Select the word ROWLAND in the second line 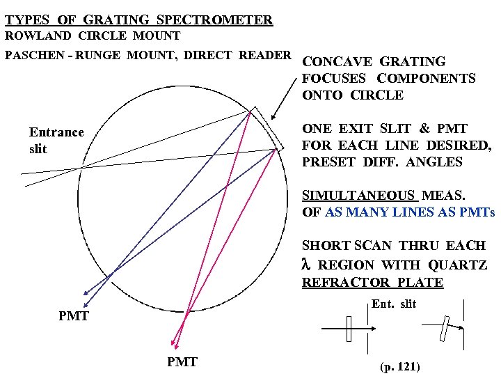[35, 36]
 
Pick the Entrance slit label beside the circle [56, 140]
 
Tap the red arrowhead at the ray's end [174, 343]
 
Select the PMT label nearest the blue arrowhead [73, 315]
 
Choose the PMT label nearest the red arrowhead [182, 361]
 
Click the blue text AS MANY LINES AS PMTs [409, 212]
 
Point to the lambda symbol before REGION [306, 265]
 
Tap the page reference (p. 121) [399, 366]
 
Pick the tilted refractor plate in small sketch [444, 328]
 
